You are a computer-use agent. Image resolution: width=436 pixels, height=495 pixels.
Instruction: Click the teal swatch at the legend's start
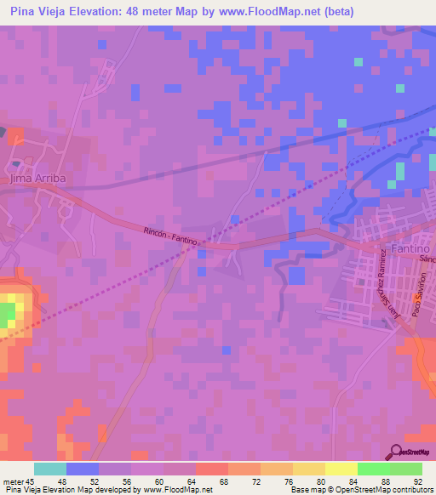[x=50, y=469]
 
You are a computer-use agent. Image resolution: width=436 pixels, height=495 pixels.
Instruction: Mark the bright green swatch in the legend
[x=373, y=469]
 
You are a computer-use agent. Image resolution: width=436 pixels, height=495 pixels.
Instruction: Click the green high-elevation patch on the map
[x=7, y=313]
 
